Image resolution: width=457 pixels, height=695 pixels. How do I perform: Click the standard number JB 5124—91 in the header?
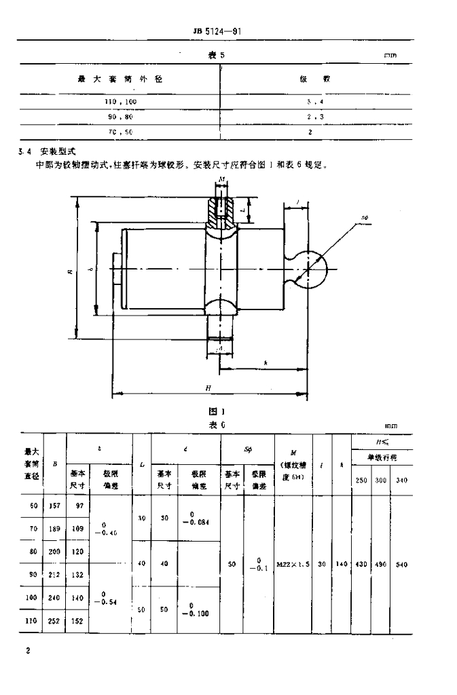(215, 31)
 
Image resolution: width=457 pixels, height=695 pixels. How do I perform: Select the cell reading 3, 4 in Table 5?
(310, 100)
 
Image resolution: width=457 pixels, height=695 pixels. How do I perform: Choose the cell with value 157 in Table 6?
(55, 505)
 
